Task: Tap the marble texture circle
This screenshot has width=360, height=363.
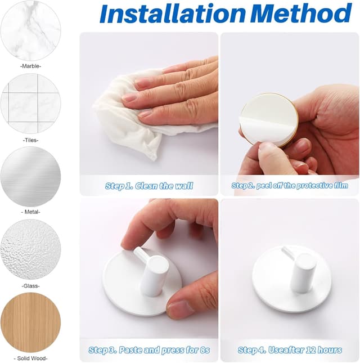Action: click(30, 30)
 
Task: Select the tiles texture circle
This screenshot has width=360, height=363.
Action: click(30, 104)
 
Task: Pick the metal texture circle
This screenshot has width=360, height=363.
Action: click(30, 177)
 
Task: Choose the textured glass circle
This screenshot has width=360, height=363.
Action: click(30, 249)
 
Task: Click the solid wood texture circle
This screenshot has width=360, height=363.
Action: click(30, 322)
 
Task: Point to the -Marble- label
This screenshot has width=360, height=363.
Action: click(30, 66)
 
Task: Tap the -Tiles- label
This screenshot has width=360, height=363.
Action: click(30, 140)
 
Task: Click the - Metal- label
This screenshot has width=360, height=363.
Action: click(30, 212)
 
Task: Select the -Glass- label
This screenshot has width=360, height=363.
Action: click(30, 286)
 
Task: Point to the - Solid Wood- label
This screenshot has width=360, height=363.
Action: click(30, 358)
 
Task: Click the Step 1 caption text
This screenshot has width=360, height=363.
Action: click(149, 186)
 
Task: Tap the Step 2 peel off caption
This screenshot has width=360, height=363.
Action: click(290, 185)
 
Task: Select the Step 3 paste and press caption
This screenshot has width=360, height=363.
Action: click(149, 350)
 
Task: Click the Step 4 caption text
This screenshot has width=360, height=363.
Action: click(290, 350)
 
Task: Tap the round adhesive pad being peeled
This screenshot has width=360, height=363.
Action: click(269, 119)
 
